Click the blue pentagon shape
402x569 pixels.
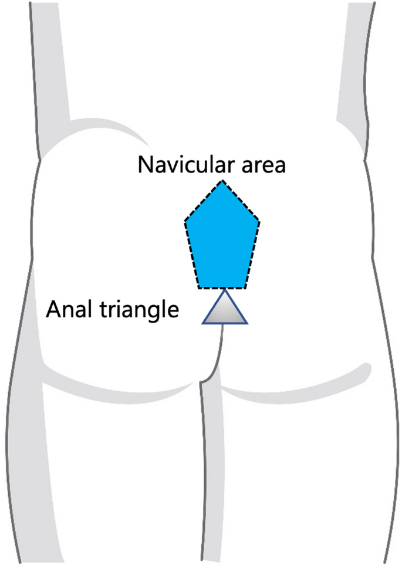point(222,241)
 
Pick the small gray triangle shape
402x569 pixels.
point(225,311)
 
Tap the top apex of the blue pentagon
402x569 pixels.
point(222,181)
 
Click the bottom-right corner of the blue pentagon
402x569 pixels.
point(246,288)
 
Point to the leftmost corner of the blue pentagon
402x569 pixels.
point(185,221)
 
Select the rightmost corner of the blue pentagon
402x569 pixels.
point(259,221)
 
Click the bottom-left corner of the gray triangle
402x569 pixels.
point(202,323)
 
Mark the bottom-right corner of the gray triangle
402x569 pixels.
point(248,323)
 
